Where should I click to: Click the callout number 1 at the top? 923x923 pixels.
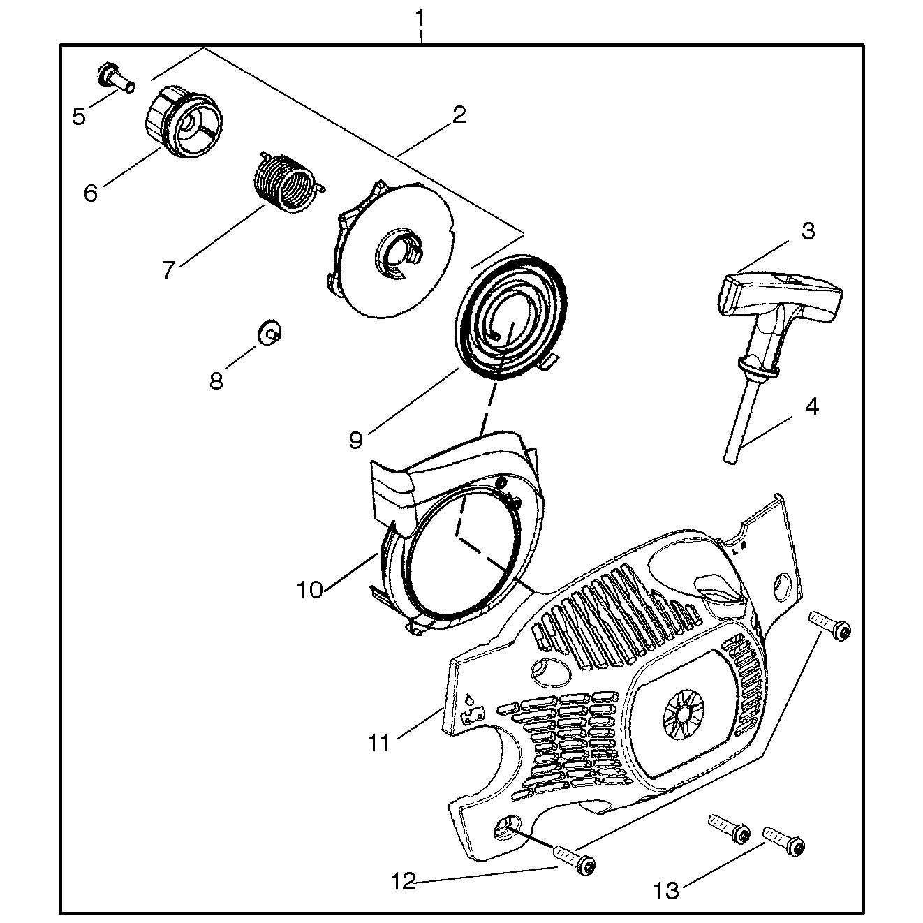[420, 17]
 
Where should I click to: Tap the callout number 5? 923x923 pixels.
[79, 116]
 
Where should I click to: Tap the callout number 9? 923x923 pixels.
[356, 439]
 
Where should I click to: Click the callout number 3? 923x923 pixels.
[807, 231]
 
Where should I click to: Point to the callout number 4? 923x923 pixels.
[811, 406]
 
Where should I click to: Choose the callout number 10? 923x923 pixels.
[310, 589]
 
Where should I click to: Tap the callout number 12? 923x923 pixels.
[403, 882]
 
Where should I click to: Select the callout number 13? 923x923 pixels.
[667, 891]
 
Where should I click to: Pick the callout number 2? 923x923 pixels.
[459, 115]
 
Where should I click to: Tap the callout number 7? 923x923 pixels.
[168, 269]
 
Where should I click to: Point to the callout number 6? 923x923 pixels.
[91, 193]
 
